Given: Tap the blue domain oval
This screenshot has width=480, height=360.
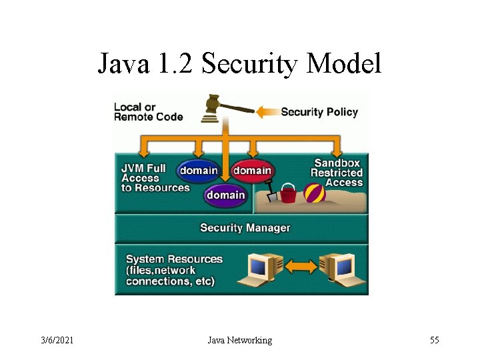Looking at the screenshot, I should click(198, 171).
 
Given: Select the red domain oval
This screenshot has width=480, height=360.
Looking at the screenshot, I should click(252, 171).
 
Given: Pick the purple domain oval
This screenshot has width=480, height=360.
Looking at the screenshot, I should click(225, 195).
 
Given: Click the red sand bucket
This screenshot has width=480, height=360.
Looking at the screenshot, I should click(289, 194).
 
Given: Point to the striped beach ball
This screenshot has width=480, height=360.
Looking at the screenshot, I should click(315, 193).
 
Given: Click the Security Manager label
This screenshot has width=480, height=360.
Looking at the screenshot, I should click(245, 228).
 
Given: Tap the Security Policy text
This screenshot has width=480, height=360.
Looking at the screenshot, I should click(319, 112).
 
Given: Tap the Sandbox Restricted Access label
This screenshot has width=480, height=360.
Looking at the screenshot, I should click(337, 173).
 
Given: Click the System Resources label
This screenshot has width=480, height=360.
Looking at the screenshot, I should click(173, 270).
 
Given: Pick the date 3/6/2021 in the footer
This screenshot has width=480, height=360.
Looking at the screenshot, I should click(57, 341).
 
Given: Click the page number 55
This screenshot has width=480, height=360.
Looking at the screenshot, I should click(434, 341).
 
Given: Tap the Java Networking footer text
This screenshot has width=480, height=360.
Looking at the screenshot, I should click(240, 341).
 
